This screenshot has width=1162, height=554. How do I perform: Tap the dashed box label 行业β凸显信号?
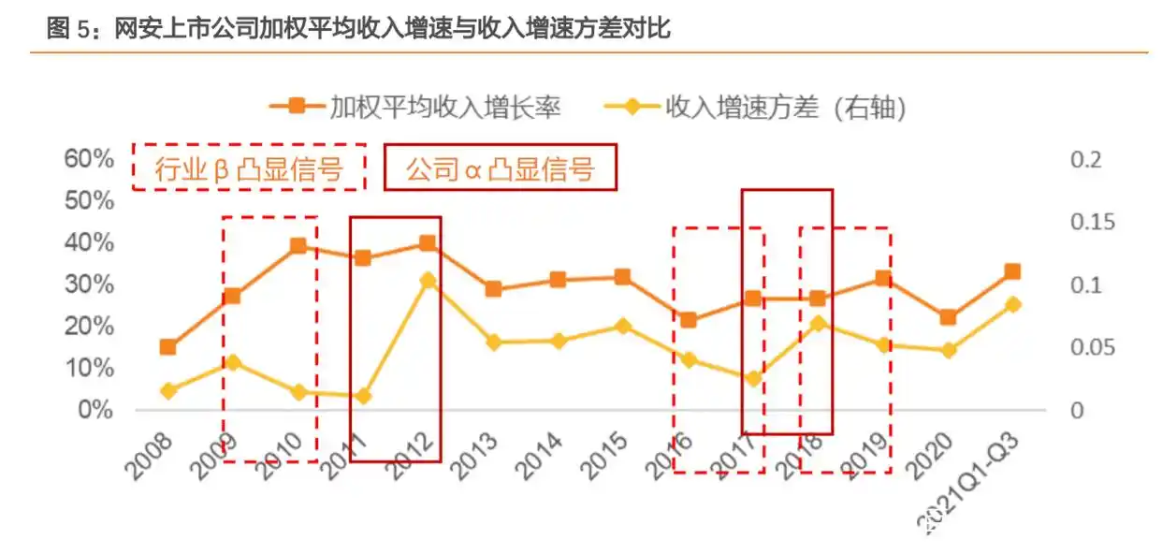point(248,168)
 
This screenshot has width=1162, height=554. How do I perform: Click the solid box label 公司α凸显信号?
point(500,168)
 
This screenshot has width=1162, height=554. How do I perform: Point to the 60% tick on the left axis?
point(89,158)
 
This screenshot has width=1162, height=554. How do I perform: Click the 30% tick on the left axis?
point(89,284)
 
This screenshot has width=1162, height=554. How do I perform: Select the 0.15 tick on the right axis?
point(1093,222)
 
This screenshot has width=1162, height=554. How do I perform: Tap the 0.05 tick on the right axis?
point(1093,348)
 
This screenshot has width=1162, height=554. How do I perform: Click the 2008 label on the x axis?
point(151,457)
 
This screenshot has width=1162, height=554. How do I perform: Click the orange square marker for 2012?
point(428,243)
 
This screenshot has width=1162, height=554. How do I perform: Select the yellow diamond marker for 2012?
point(428,280)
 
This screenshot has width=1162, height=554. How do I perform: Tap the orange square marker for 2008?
point(167,347)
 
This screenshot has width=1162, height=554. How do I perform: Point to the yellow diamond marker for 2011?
point(363,396)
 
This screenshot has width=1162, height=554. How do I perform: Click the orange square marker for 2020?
point(948,317)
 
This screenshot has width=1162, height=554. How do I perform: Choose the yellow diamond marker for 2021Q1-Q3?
point(1012,304)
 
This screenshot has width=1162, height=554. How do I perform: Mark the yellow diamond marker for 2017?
point(753,379)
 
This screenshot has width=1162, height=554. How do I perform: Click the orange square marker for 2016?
point(688,320)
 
